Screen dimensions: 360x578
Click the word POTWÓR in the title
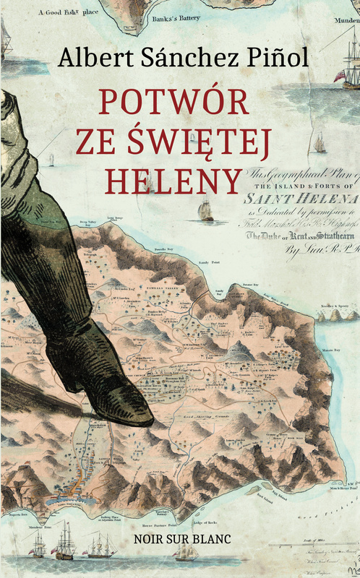coord(173,101)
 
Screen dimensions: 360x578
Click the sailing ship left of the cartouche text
coord(207,210)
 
